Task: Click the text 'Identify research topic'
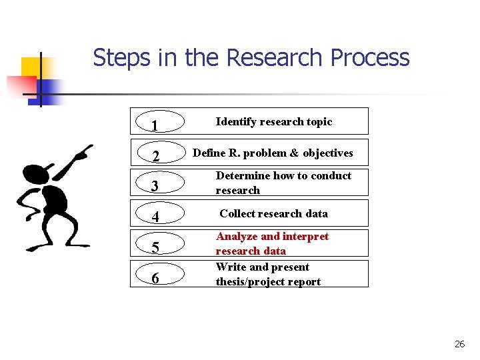pyautogui.click(x=273, y=121)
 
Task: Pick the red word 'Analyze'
pyautogui.click(x=237, y=237)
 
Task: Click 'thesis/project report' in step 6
pyautogui.click(x=268, y=281)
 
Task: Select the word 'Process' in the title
pyautogui.click(x=369, y=58)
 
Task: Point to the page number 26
pyautogui.click(x=459, y=344)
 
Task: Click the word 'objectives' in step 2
pyautogui.click(x=327, y=153)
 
